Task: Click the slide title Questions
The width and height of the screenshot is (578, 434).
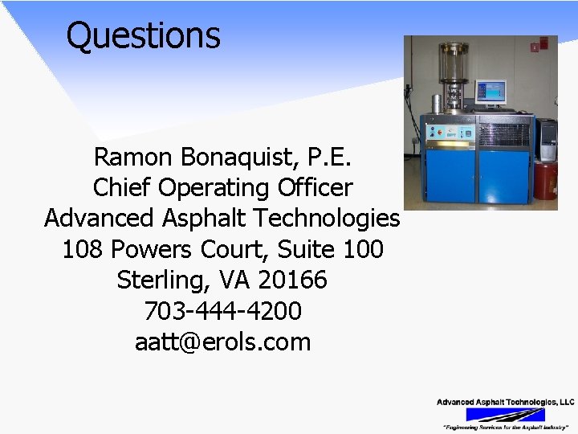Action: click(x=143, y=35)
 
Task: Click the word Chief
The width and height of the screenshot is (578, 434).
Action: click(x=123, y=188)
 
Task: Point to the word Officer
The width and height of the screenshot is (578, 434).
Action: click(x=314, y=188)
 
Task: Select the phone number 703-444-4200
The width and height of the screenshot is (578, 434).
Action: click(x=222, y=311)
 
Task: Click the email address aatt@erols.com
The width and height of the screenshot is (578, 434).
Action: click(x=222, y=342)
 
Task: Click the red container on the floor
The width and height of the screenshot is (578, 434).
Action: click(x=545, y=178)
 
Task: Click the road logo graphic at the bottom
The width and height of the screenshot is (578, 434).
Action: click(x=505, y=414)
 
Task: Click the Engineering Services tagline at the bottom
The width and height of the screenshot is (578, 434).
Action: click(x=505, y=427)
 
